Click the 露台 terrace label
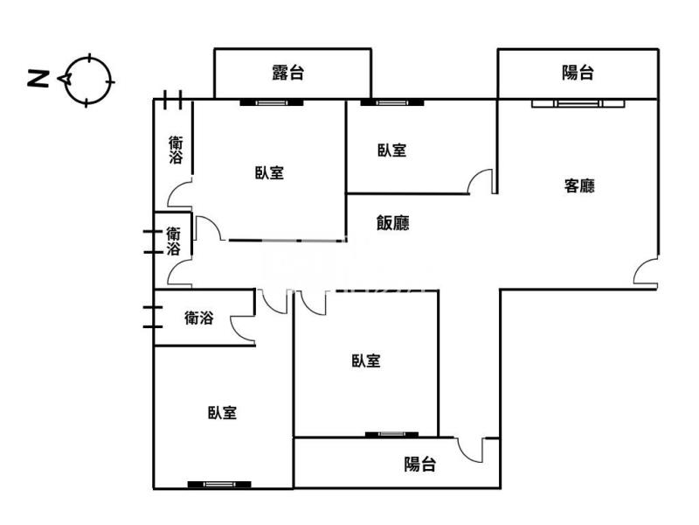click(288, 73)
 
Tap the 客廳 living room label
click(579, 185)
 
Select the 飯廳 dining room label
click(392, 222)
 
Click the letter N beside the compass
click(38, 79)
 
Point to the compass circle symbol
click(87, 80)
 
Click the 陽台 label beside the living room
click(578, 73)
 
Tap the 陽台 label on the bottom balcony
click(420, 464)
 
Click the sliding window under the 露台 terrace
click(272, 102)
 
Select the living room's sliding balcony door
click(578, 103)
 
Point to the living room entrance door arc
click(646, 270)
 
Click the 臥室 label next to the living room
click(392, 150)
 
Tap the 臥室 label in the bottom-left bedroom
click(223, 412)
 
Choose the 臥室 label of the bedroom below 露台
click(270, 172)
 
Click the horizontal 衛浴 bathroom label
click(199, 318)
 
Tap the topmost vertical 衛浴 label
click(176, 150)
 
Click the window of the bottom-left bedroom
click(219, 485)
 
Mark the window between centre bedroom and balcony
click(391, 434)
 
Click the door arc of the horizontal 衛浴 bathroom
click(243, 329)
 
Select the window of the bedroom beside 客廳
click(392, 102)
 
